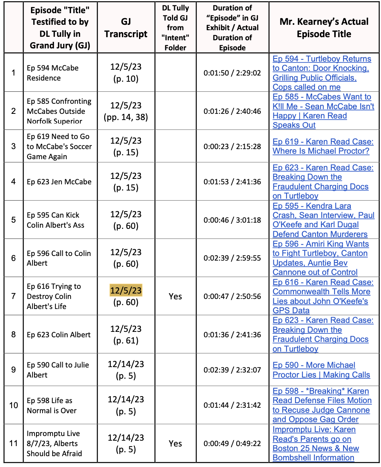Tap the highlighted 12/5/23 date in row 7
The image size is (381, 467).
[x=126, y=290]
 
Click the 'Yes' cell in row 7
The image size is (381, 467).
[x=175, y=296]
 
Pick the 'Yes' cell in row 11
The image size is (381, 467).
[x=175, y=443]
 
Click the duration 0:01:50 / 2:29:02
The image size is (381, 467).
[x=232, y=73]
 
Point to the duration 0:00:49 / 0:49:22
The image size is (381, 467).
[x=232, y=443]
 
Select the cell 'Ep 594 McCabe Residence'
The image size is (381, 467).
[x=53, y=73]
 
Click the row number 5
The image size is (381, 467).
[x=14, y=220]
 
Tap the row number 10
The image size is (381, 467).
[x=14, y=405]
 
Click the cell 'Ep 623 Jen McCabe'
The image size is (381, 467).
[x=59, y=182]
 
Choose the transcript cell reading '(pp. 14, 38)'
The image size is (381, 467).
[x=126, y=117]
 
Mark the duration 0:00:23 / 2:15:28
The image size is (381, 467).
[x=232, y=147]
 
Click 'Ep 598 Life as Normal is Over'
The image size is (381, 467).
[x=51, y=405]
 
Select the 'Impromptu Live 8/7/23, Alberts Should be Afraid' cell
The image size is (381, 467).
[x=54, y=443]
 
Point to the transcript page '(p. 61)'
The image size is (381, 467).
[x=126, y=340]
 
